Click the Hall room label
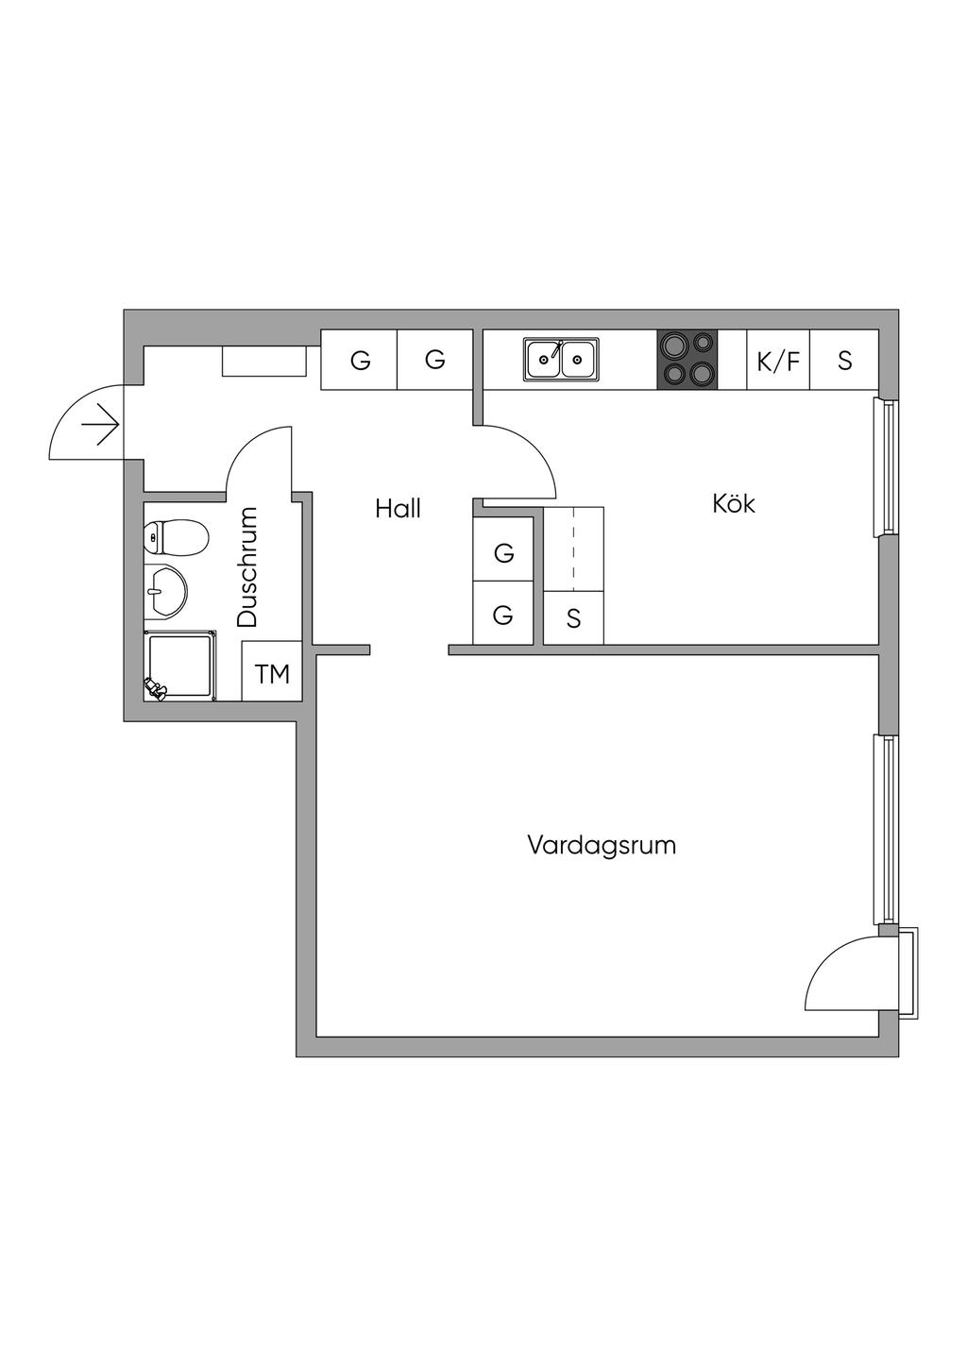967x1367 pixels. tap(398, 509)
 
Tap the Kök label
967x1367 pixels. tap(734, 503)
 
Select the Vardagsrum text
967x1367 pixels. tap(602, 844)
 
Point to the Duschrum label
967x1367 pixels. tap(247, 567)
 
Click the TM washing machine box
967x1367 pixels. tap(272, 673)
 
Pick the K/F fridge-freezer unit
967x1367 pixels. tap(778, 360)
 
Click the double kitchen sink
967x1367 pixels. tap(561, 360)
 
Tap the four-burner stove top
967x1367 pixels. tap(687, 360)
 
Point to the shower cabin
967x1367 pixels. tap(179, 667)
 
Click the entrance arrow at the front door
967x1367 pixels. tap(100, 428)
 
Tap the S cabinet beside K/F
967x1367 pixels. tap(844, 360)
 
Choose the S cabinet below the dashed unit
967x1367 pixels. tap(573, 619)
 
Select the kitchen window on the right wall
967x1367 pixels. tap(887, 467)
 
